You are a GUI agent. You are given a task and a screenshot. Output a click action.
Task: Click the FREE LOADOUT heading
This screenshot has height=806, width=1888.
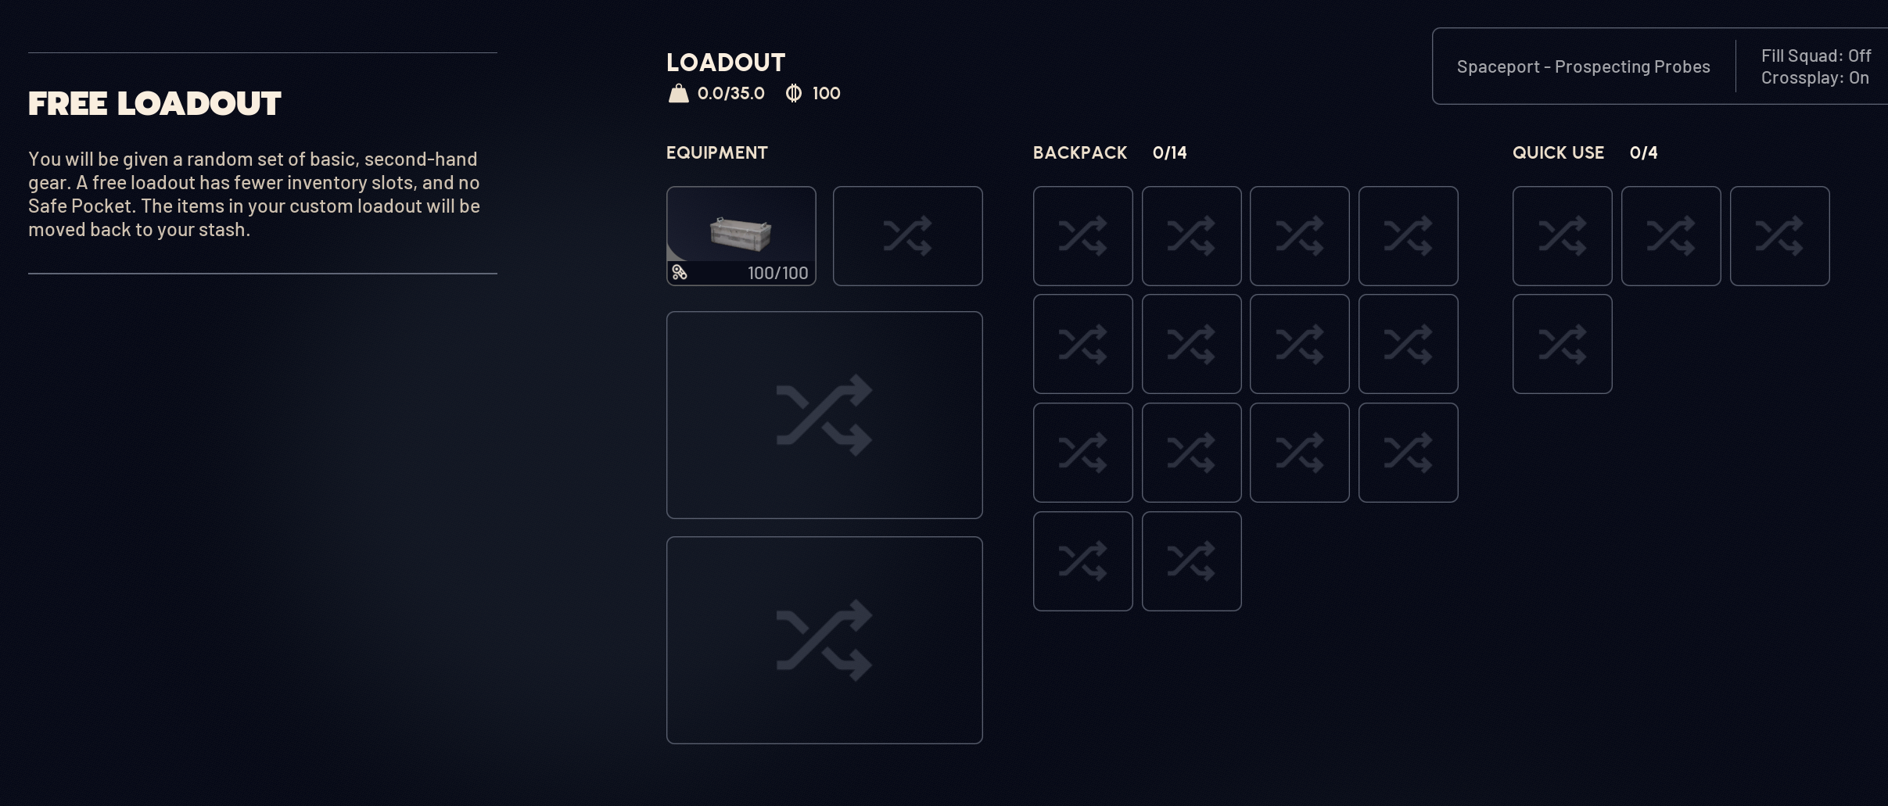155,104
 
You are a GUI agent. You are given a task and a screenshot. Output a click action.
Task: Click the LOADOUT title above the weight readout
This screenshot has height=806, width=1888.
726,63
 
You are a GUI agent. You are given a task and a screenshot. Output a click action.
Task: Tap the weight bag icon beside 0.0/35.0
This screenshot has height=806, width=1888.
678,94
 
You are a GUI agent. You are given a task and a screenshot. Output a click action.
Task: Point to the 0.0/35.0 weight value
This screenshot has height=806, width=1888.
731,94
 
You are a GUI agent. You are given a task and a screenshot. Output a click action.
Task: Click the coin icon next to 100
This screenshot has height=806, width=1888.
794,94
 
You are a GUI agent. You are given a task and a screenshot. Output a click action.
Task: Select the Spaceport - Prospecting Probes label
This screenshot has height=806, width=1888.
1583,67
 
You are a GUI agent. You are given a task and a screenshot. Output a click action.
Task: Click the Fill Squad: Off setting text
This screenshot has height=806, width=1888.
1816,56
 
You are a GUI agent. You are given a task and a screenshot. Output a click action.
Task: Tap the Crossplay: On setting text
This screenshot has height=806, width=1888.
1815,78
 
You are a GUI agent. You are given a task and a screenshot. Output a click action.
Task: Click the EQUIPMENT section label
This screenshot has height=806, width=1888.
717,153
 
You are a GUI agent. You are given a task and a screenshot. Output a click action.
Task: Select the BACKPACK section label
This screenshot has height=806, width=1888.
1080,153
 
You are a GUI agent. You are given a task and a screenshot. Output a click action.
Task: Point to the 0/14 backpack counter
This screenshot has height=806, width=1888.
1170,153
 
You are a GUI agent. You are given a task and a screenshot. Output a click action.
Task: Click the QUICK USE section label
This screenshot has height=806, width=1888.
1558,153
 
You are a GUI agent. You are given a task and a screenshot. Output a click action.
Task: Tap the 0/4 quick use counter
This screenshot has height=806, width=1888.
1644,153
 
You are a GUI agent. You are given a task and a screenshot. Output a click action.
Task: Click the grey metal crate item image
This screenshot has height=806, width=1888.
741,234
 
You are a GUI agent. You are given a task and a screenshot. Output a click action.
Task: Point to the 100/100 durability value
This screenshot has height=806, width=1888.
778,273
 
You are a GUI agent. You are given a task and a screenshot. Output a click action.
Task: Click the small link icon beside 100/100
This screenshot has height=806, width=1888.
680,273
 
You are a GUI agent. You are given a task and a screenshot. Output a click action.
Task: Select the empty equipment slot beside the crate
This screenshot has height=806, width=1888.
907,236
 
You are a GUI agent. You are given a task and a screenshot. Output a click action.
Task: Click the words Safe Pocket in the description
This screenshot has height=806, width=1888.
79,206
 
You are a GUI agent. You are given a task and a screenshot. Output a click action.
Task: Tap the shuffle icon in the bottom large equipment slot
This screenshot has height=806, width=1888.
824,640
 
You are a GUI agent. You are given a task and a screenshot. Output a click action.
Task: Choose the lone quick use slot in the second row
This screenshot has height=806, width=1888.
1562,344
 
